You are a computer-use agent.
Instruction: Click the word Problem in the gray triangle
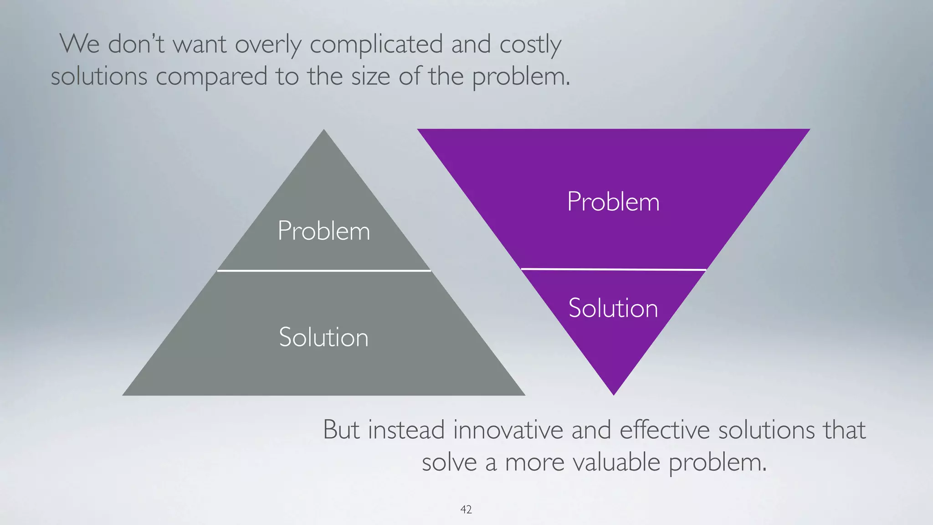(323, 231)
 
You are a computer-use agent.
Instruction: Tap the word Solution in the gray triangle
(323, 337)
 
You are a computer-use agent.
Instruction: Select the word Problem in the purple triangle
(613, 201)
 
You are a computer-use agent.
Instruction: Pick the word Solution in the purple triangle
(613, 308)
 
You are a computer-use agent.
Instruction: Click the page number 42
(466, 510)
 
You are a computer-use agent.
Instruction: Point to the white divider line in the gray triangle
(323, 271)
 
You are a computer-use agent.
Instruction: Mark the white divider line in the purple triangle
(613, 269)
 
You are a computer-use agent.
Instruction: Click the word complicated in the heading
(376, 45)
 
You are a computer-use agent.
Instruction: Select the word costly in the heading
(530, 45)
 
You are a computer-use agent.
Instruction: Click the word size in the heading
(370, 76)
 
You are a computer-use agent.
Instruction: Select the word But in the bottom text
(341, 430)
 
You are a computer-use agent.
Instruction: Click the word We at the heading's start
(80, 44)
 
